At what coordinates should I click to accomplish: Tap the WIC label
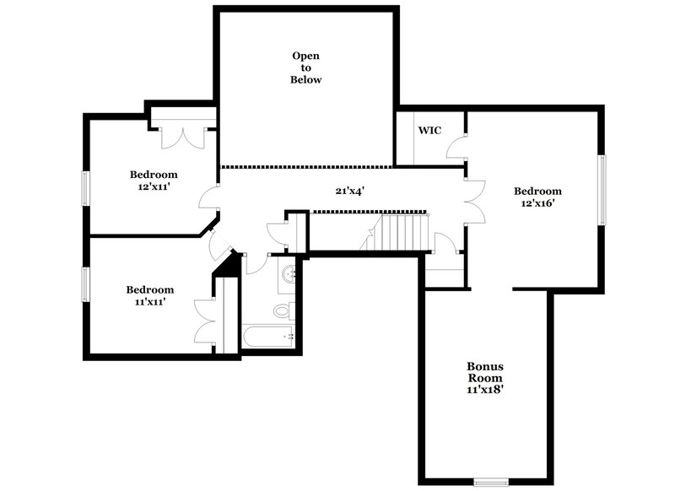pyautogui.click(x=429, y=130)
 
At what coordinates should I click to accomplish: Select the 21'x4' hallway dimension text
pyautogui.click(x=349, y=191)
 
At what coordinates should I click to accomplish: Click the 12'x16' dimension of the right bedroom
pyautogui.click(x=537, y=203)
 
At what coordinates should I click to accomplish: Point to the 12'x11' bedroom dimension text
pyautogui.click(x=153, y=187)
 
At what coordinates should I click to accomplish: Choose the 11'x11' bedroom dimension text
pyautogui.click(x=149, y=301)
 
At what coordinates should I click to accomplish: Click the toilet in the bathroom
pyautogui.click(x=283, y=310)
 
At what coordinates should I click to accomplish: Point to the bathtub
pyautogui.click(x=267, y=337)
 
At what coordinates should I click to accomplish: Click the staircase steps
pyautogui.click(x=404, y=231)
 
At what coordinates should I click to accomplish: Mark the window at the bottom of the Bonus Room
pyautogui.click(x=493, y=483)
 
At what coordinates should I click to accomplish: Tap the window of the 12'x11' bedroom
pyautogui.click(x=84, y=187)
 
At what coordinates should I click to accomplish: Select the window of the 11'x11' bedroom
pyautogui.click(x=84, y=283)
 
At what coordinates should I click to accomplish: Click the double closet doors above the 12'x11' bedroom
pyautogui.click(x=183, y=136)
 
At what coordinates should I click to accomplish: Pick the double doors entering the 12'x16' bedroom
pyautogui.click(x=476, y=201)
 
